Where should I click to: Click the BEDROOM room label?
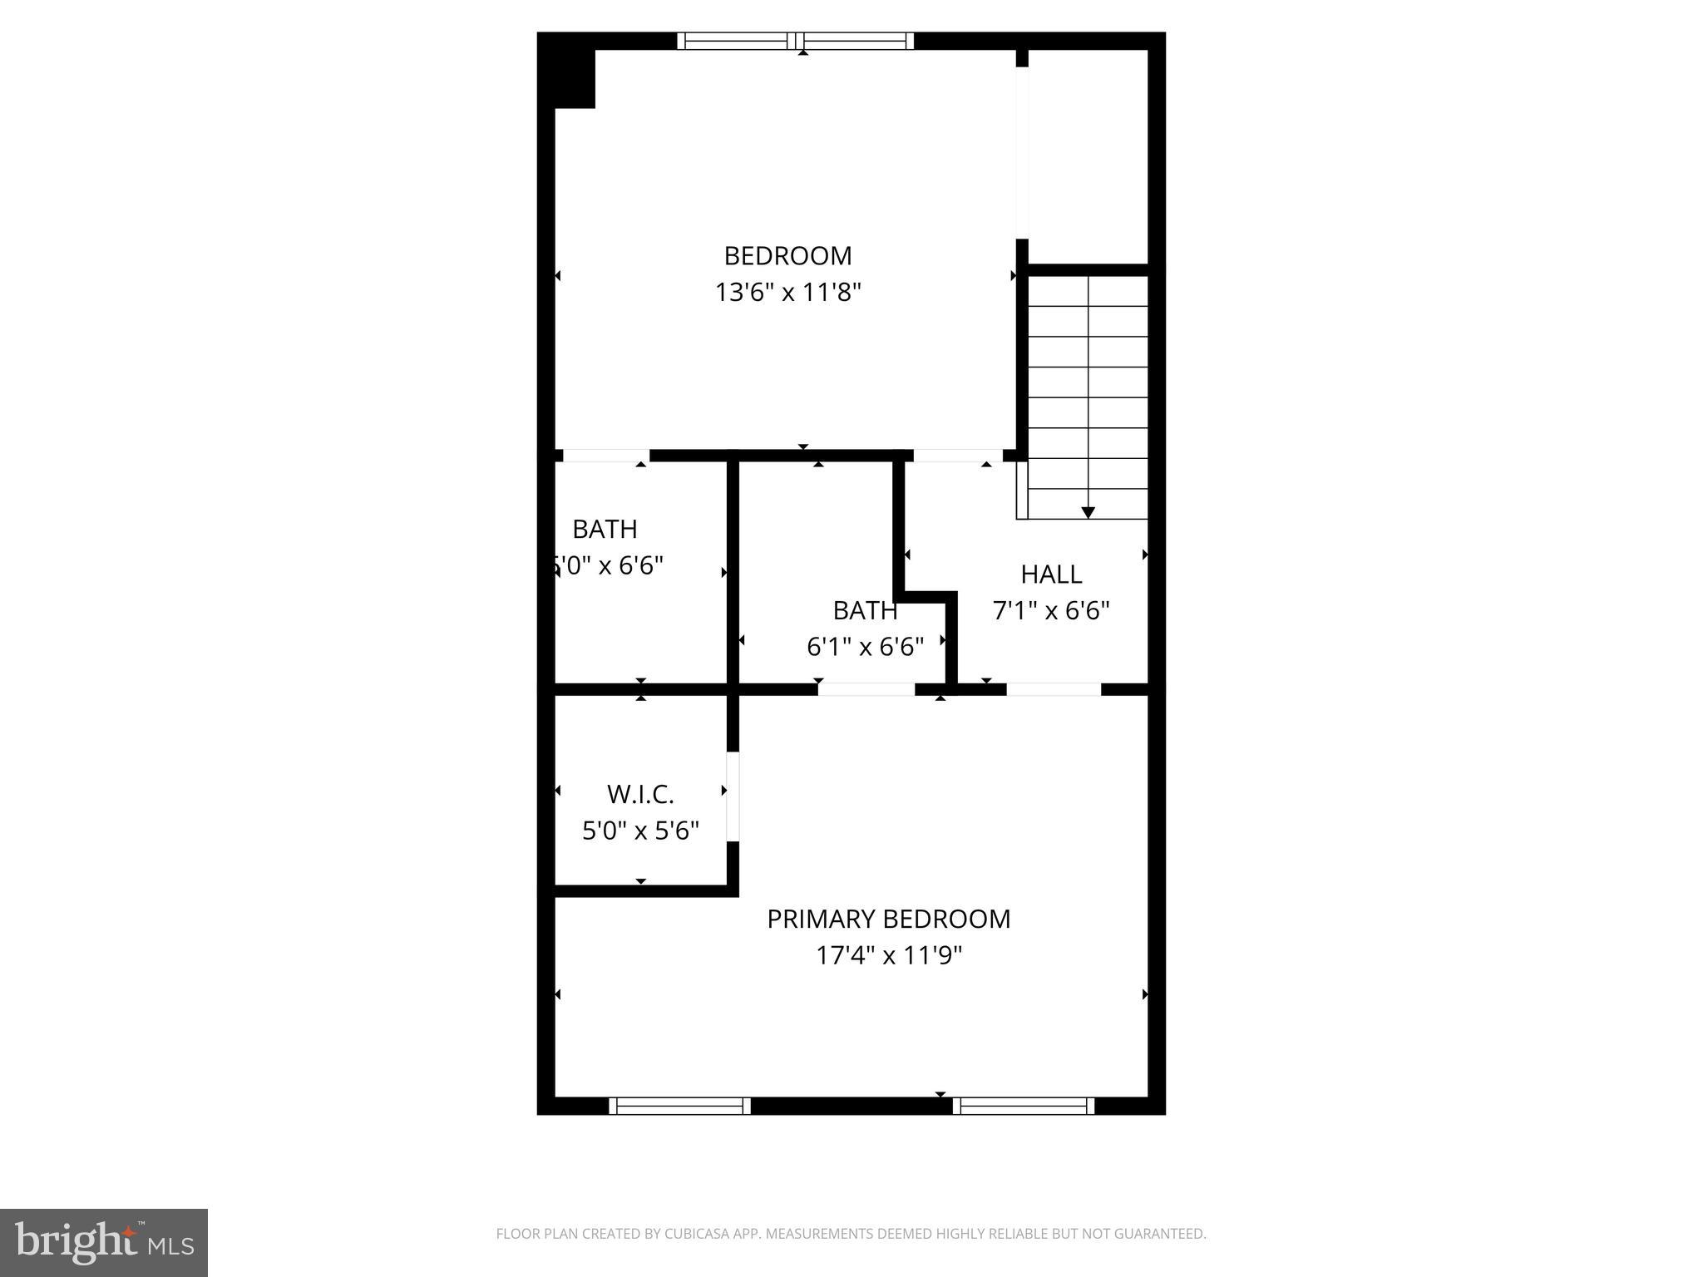pyautogui.click(x=787, y=255)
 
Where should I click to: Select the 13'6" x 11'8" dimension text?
pyautogui.click(x=787, y=293)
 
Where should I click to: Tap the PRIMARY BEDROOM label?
pyautogui.click(x=888, y=919)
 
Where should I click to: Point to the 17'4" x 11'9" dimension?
pyautogui.click(x=888, y=955)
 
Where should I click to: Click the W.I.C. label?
pyautogui.click(x=640, y=795)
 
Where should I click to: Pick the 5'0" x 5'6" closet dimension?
pyautogui.click(x=640, y=831)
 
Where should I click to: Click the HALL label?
pyautogui.click(x=1051, y=574)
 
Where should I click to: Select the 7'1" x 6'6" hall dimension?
pyautogui.click(x=1051, y=611)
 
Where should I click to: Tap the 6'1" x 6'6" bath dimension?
pyautogui.click(x=865, y=647)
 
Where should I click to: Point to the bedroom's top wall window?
pyautogui.click(x=796, y=41)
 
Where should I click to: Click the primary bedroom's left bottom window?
pyautogui.click(x=680, y=1106)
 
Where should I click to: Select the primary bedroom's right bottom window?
pyautogui.click(x=1024, y=1106)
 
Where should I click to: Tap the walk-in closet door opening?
pyautogui.click(x=733, y=797)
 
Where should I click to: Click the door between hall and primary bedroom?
pyautogui.click(x=1054, y=689)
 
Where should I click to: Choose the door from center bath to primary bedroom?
pyautogui.click(x=866, y=689)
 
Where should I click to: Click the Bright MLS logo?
pyautogui.click(x=104, y=1242)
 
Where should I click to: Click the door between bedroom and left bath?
pyautogui.click(x=605, y=456)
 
